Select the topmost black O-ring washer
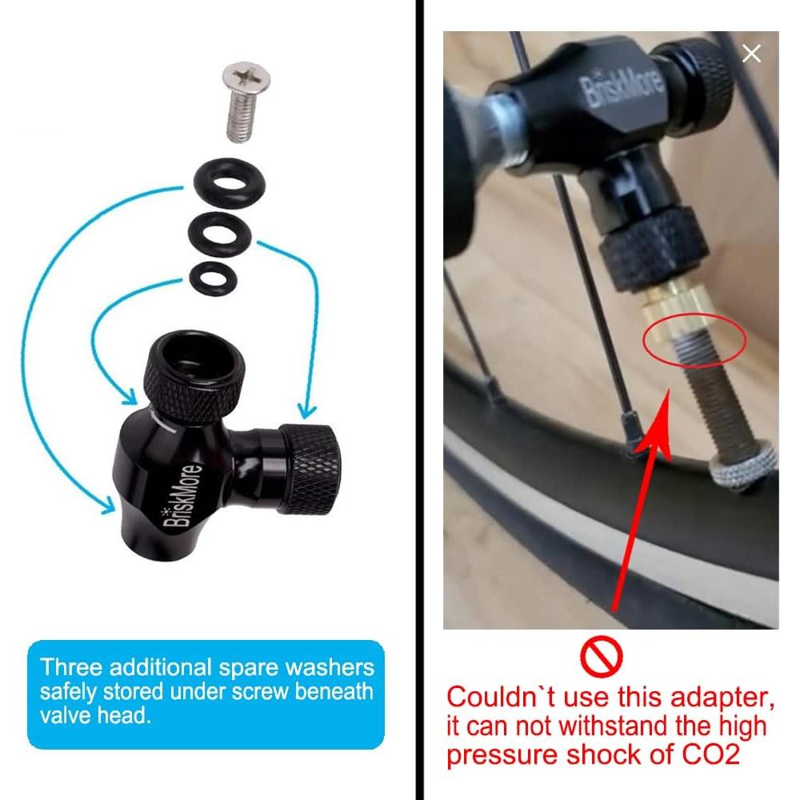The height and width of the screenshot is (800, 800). click(x=228, y=185)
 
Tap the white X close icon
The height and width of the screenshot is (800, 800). click(x=751, y=54)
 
